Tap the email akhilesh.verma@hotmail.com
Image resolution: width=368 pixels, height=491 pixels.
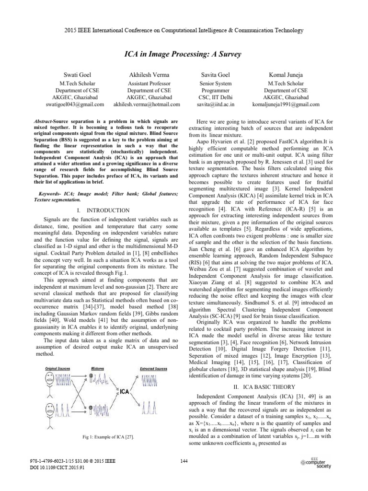click(146, 104)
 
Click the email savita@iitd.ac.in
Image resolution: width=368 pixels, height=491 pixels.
click(215, 104)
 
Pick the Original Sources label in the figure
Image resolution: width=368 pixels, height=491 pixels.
click(57, 368)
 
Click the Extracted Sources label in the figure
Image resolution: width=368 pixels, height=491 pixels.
click(153, 368)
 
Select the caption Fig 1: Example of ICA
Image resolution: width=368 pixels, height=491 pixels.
click(107, 437)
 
